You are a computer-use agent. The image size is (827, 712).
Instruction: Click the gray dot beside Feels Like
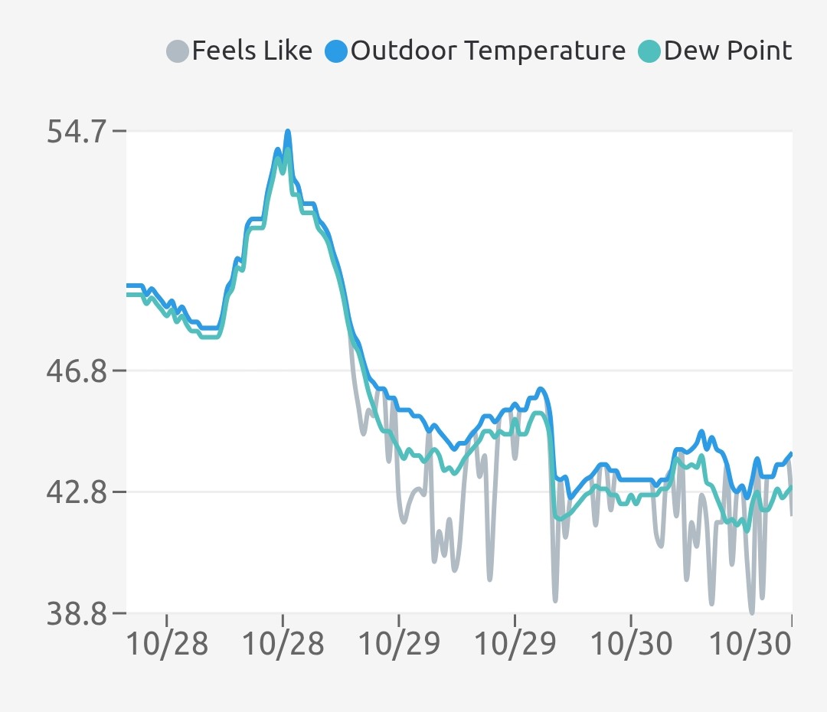coord(178,52)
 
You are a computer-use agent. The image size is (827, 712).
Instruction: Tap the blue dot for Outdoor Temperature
coord(337,52)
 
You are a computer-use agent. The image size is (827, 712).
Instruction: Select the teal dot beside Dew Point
coord(649,52)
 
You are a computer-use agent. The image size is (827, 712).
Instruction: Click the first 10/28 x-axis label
coord(166,644)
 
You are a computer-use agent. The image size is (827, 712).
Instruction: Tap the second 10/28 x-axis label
coord(283,644)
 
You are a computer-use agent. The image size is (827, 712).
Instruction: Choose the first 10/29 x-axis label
coord(399,644)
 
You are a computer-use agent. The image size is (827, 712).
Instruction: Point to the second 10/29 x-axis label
coord(515,644)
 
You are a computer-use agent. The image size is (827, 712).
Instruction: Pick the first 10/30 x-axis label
coord(632,644)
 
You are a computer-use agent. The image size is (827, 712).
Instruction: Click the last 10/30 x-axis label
coord(748,644)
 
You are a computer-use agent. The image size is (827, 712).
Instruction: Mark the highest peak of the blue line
coord(288,131)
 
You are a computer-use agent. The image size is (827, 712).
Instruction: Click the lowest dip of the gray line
coord(752,612)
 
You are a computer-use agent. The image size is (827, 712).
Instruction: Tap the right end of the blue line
coord(791,453)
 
